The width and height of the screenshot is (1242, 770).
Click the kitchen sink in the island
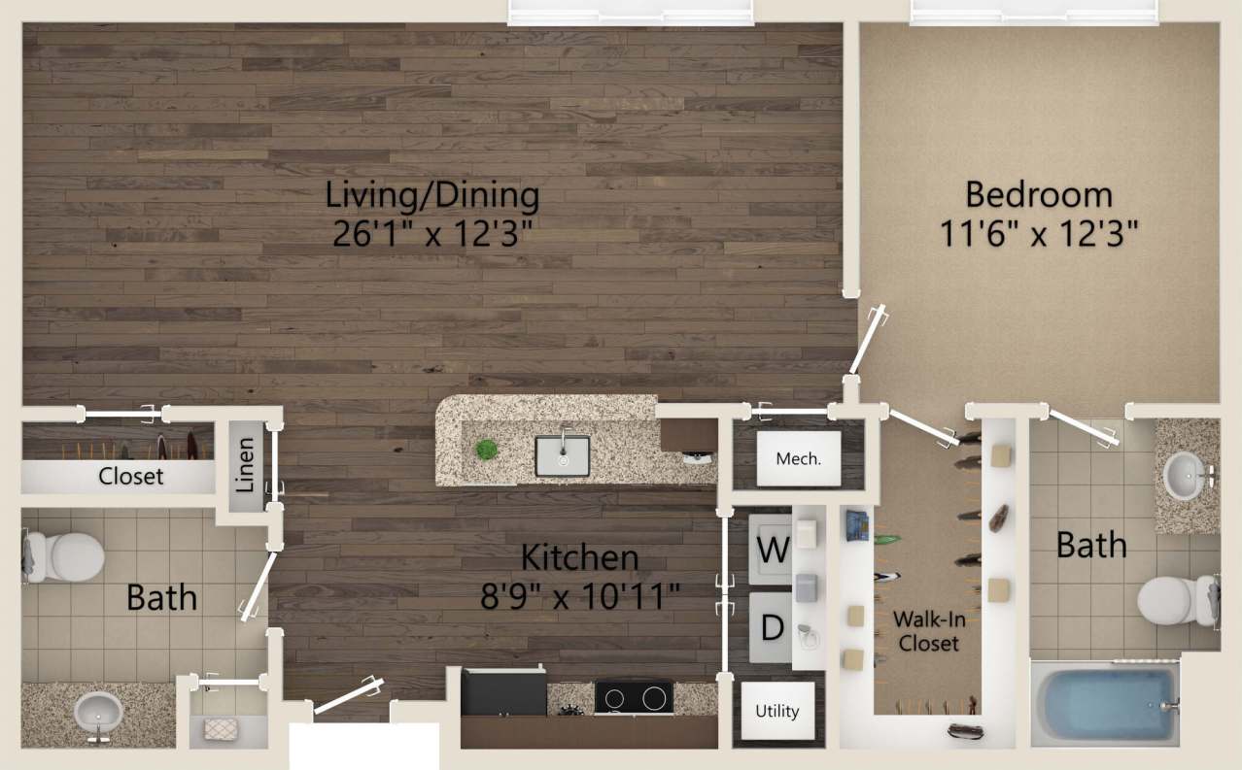[563, 455]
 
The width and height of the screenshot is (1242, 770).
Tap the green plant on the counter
[486, 450]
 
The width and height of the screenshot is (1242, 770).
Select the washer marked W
[773, 551]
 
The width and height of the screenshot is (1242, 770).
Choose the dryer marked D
[772, 627]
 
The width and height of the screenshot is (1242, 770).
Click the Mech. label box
[798, 459]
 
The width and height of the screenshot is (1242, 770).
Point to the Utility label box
[777, 711]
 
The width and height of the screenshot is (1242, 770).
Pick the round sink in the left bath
[98, 712]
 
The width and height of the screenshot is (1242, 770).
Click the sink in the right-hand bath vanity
[1185, 475]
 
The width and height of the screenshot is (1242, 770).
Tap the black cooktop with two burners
[634, 696]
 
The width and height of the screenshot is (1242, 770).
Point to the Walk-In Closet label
[928, 631]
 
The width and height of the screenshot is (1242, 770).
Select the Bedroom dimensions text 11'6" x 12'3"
[1038, 234]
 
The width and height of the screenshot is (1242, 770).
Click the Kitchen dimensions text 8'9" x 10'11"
[580, 594]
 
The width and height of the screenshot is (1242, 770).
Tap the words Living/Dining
[432, 195]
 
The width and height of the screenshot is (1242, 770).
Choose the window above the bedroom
[1035, 13]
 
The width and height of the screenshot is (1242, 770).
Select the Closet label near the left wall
[131, 477]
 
